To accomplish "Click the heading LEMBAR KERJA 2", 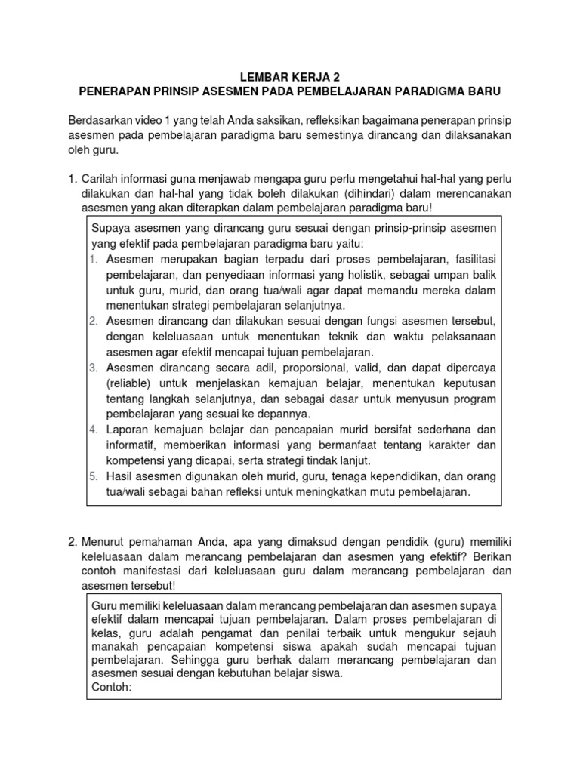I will pos(289,76).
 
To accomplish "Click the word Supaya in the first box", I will pos(110,229).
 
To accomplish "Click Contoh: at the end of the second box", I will pos(112,687).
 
